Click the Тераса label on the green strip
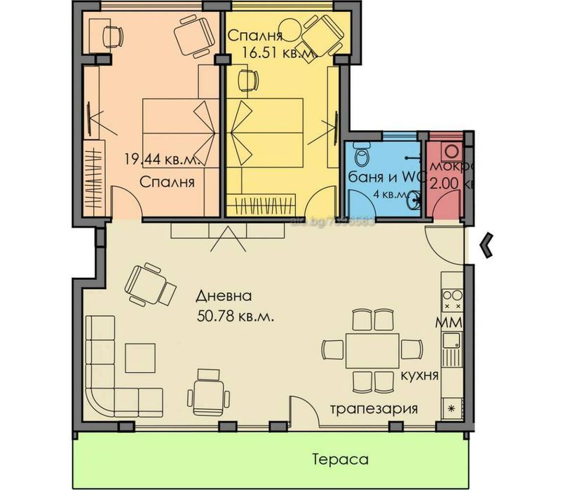coord(340,460)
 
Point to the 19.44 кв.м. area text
coord(163,160)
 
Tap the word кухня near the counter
coord(420,375)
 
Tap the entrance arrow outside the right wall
coord(486,244)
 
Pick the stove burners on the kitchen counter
coord(452,300)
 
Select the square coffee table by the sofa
coord(140,358)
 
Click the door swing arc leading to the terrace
coord(303,406)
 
